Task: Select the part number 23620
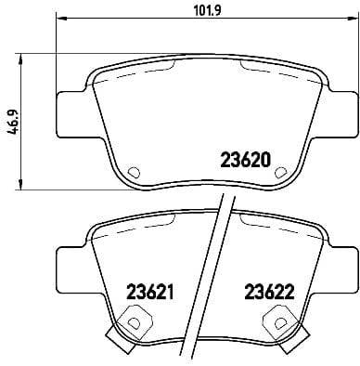pos(245,159)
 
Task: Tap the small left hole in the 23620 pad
pos(132,172)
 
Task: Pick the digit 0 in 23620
pos(265,159)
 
